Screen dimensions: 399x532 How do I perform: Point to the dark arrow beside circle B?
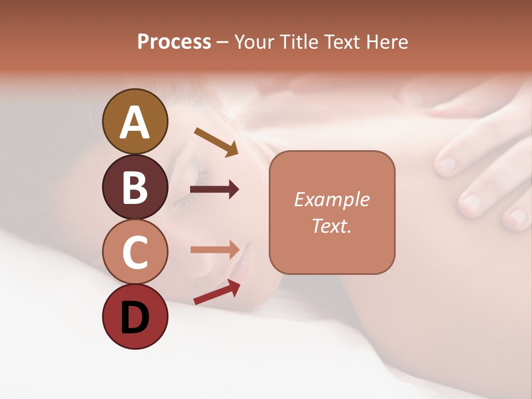(214, 190)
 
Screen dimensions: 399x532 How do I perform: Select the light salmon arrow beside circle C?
(214, 250)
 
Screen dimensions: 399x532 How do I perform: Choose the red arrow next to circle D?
(217, 292)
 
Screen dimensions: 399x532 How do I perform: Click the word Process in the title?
(174, 42)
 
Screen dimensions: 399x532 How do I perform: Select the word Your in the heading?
(254, 42)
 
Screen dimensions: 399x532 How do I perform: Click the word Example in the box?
(331, 199)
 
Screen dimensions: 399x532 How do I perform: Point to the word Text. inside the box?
(331, 226)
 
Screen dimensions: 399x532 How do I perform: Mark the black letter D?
(135, 319)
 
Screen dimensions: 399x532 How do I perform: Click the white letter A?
(135, 122)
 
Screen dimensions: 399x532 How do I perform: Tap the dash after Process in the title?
(223, 42)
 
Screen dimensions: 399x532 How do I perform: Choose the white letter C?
(135, 253)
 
